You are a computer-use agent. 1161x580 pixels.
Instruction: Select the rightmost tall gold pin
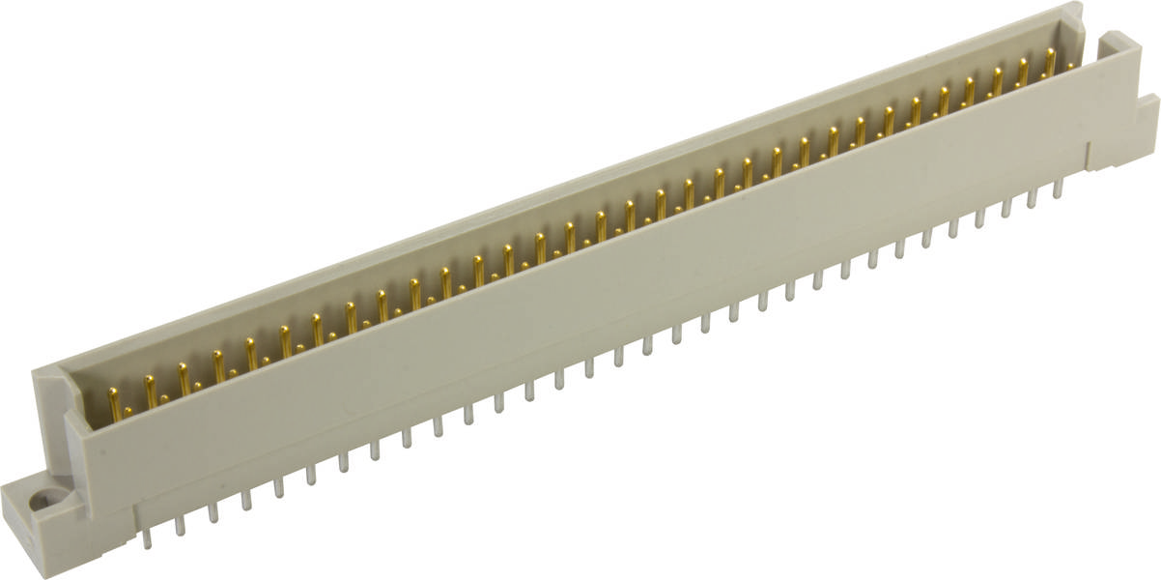(x=1050, y=61)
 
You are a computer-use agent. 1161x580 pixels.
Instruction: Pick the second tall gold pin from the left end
(x=151, y=390)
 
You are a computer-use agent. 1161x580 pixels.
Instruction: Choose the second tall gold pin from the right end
(x=1023, y=71)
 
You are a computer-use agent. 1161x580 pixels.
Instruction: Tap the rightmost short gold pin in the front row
(x=1069, y=66)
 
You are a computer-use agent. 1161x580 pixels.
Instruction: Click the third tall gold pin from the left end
(x=184, y=377)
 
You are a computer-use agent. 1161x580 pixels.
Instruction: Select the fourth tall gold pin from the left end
(x=218, y=365)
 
